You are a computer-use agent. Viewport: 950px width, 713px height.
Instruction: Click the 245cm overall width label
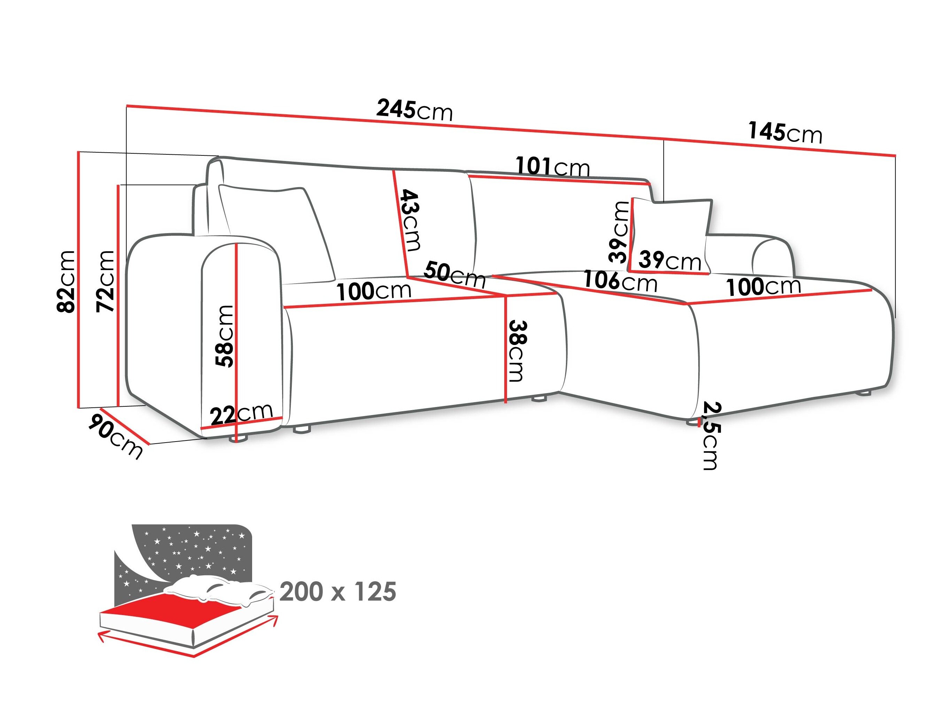pos(414,110)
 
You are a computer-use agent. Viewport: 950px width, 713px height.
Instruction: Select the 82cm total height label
pos(67,281)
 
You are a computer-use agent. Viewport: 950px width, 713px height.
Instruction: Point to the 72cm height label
pos(106,281)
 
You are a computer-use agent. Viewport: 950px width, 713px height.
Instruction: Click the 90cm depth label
pos(115,435)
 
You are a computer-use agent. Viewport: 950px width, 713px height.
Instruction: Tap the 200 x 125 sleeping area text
pos(337,592)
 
